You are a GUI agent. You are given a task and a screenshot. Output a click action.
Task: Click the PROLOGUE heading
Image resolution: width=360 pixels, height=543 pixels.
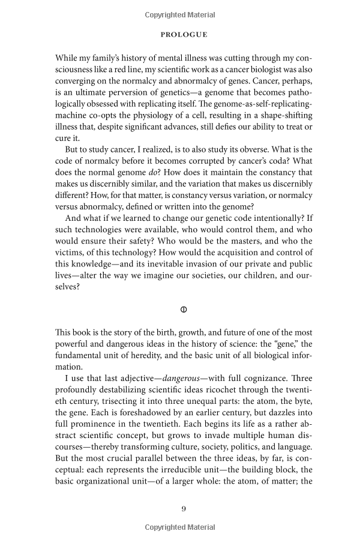tap(184, 35)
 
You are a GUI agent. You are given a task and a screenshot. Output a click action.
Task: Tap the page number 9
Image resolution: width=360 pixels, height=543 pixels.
tap(184, 509)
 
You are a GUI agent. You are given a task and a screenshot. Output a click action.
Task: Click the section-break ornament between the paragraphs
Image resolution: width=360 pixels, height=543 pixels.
tap(184, 310)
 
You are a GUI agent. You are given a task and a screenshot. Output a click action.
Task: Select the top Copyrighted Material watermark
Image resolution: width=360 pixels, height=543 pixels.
tap(184, 13)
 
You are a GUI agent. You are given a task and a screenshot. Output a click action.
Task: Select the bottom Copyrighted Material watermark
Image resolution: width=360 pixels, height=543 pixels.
tap(184, 527)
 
